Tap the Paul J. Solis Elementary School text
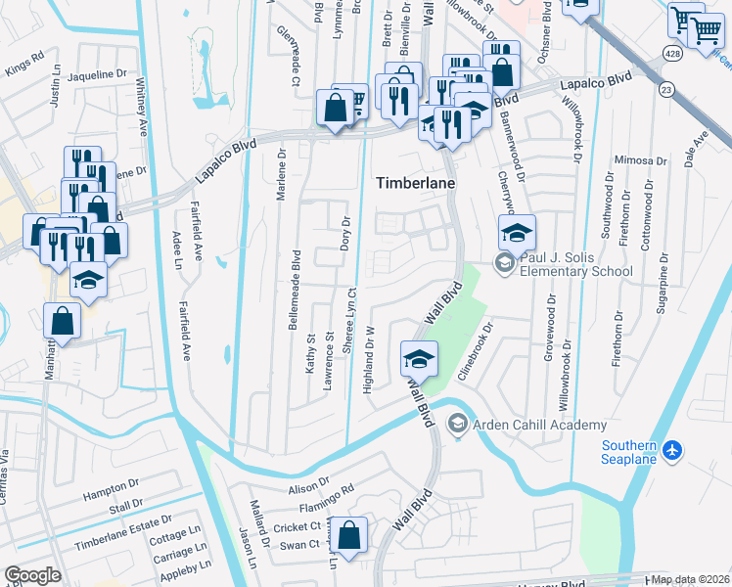click(576, 264)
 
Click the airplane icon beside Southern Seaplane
click(671, 449)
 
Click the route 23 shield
click(666, 89)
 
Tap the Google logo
click(32, 574)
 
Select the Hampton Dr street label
click(112, 486)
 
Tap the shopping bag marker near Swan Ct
click(349, 535)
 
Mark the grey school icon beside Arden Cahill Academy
click(456, 424)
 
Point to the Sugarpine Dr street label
click(663, 282)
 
